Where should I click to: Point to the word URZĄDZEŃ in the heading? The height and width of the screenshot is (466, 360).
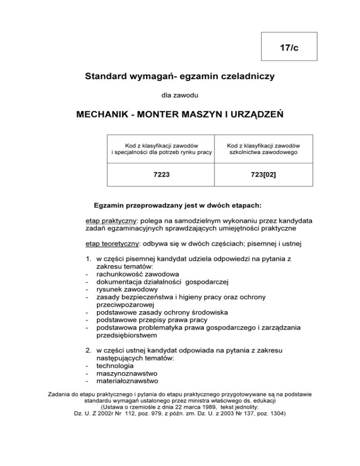(253, 115)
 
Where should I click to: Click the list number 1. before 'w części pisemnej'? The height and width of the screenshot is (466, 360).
(88, 259)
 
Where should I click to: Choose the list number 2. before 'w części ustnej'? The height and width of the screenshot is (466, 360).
(88, 350)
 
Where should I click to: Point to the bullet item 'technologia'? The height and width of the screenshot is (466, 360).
(114, 365)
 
